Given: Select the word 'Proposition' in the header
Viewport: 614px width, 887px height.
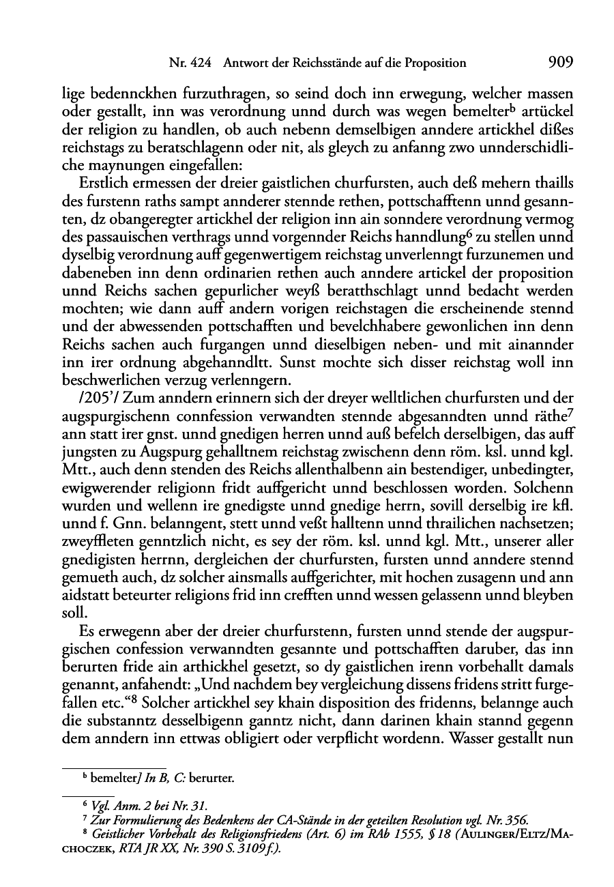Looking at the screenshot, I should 433,63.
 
